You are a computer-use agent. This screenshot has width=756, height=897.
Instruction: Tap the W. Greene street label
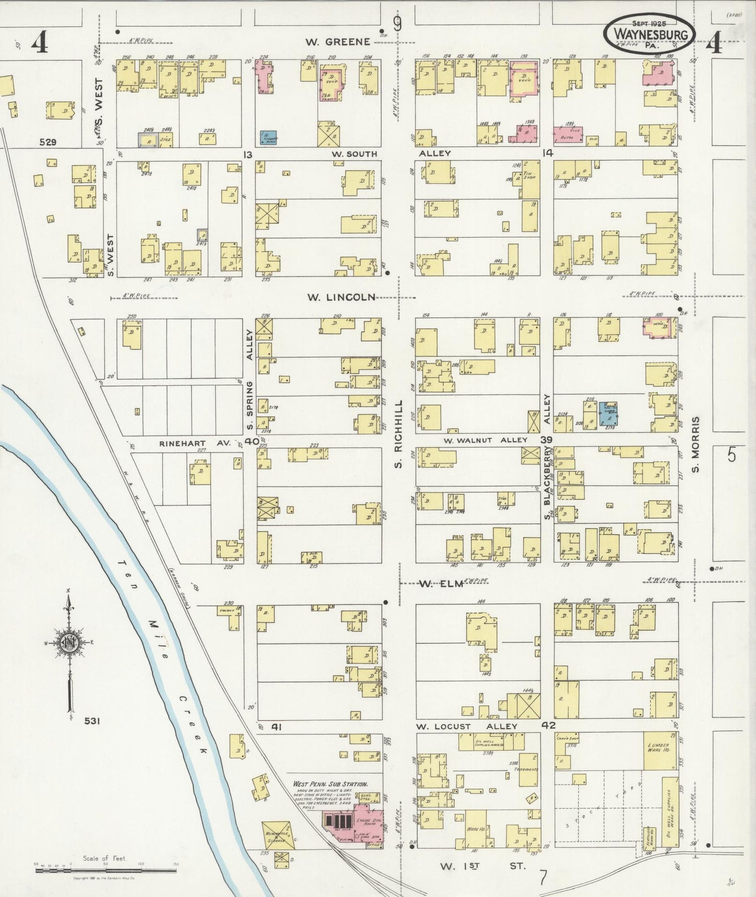pos(338,42)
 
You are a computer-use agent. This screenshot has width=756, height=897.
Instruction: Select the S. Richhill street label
pos(398,434)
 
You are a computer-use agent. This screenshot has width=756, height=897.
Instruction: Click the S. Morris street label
pos(695,444)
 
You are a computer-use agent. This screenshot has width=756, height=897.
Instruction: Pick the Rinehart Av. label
pos(195,443)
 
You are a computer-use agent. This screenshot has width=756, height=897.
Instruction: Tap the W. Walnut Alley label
pos(485,440)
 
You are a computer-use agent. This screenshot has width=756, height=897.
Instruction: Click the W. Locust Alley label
pos(466,726)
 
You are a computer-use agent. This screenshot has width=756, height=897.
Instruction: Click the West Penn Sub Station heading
pos(330,784)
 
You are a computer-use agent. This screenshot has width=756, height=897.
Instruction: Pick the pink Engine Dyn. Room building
pos(369,824)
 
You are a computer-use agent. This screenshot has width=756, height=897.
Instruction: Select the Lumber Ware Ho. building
pos(659,749)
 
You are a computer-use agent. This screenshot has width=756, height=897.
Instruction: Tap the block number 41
pos(276,727)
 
